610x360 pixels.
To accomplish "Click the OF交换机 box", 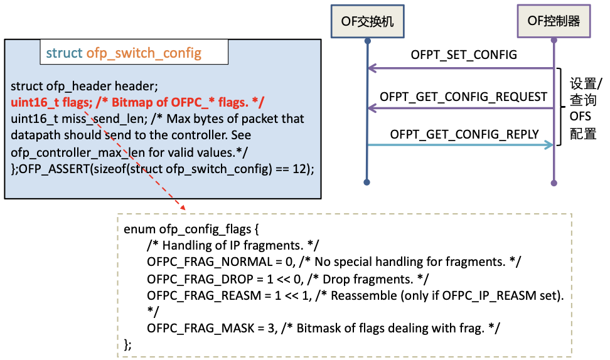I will [x=367, y=21].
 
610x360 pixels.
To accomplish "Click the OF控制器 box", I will [x=553, y=21].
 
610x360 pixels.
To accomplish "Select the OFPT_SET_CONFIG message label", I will [x=464, y=55].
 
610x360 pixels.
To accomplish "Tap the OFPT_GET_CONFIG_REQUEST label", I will [x=464, y=97].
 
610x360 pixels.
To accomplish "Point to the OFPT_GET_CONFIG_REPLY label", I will [x=464, y=134].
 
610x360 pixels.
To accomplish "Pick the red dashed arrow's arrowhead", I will [x=182, y=207].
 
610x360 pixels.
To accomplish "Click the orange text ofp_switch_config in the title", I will [x=144, y=53].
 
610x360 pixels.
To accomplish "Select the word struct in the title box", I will [x=64, y=53].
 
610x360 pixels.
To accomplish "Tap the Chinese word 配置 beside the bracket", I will [x=583, y=134].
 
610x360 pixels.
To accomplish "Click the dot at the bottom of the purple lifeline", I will [x=554, y=183].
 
